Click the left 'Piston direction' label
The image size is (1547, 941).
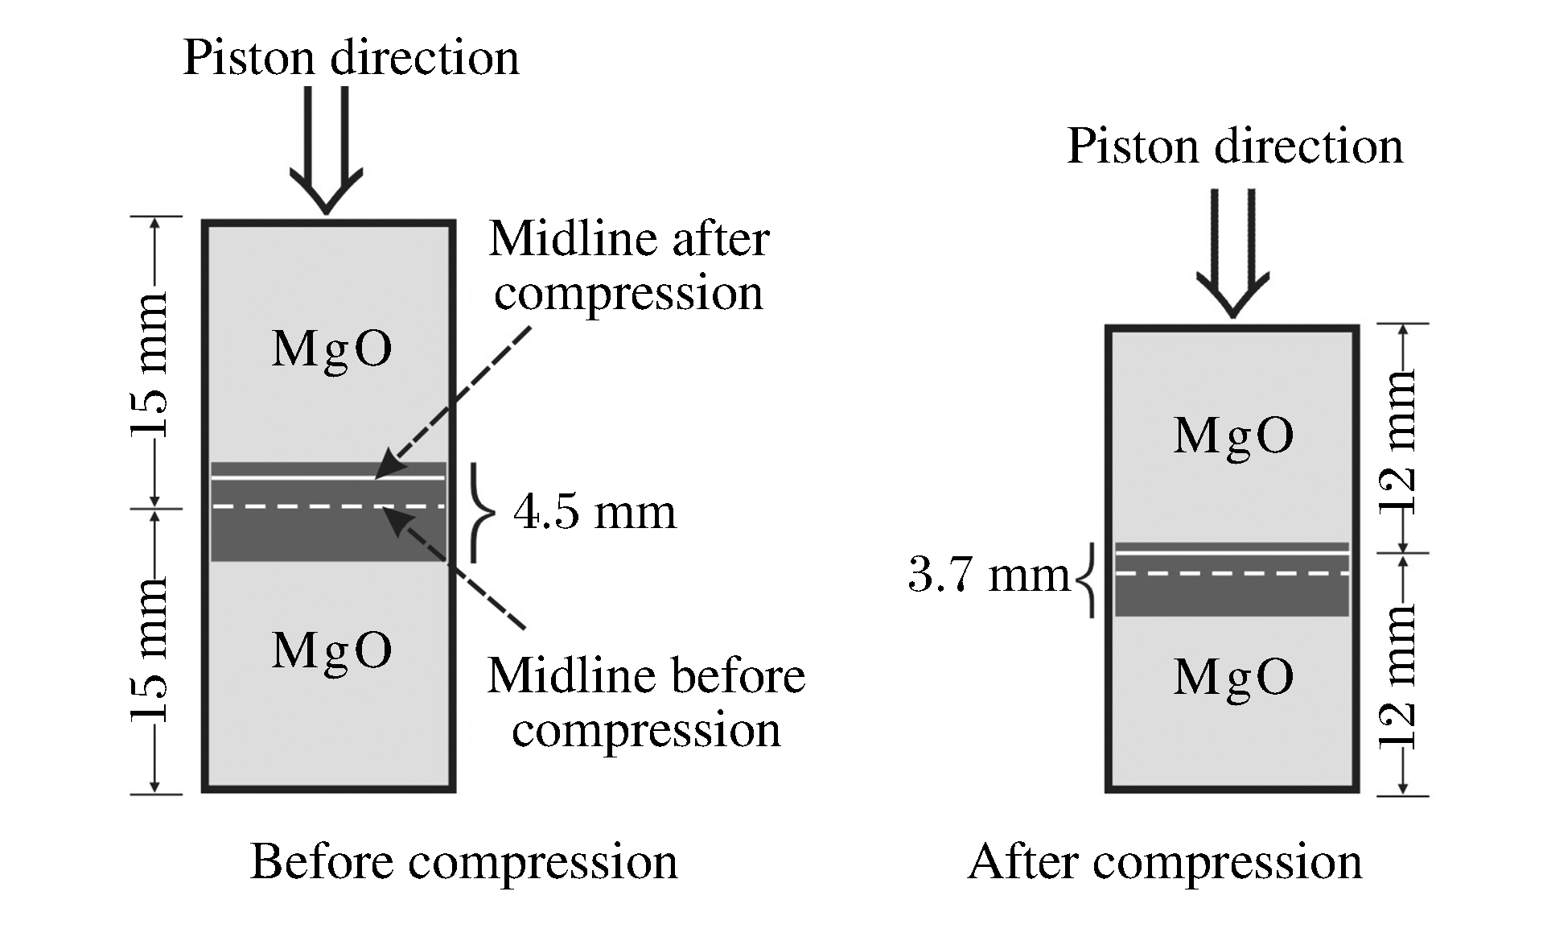pos(351,58)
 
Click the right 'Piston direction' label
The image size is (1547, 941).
pos(1234,147)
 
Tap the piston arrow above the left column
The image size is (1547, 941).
pos(326,149)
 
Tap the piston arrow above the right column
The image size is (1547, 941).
pos(1232,253)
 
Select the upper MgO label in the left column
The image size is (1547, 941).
pos(331,349)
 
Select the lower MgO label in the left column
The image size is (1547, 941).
pos(331,650)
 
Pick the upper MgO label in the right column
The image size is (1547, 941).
pos(1233,435)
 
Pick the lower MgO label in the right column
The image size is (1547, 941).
pos(1233,677)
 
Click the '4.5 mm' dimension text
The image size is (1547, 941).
pos(595,512)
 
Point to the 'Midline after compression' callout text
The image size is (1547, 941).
pos(629,266)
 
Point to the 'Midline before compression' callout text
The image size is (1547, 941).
pos(646,702)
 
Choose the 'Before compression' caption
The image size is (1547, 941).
pos(463,862)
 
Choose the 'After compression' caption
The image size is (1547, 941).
pos(1164,862)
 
